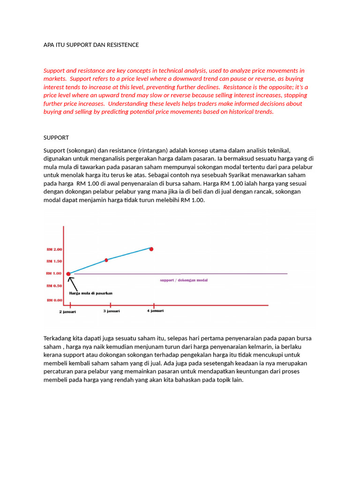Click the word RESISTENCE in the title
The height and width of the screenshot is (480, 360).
tap(123, 45)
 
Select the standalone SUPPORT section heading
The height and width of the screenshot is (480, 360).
tap(56, 138)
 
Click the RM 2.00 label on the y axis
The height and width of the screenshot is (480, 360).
tap(54, 249)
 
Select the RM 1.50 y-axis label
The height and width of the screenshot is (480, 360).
tap(54, 261)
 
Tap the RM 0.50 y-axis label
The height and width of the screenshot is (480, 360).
tap(54, 285)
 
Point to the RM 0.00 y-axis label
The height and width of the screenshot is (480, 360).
tap(54, 300)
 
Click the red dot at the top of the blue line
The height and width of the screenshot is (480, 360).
tap(151, 249)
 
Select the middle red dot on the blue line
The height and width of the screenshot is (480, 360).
tap(106, 260)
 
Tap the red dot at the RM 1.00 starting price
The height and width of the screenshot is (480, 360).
tap(68, 274)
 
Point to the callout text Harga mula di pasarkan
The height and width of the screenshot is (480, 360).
tap(91, 293)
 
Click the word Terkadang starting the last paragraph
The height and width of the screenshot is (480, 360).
tap(58, 338)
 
